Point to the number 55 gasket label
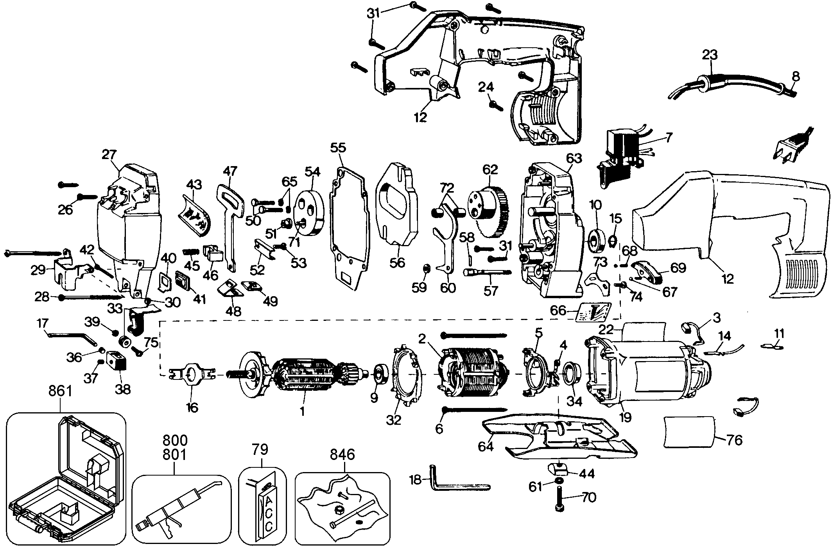click(x=338, y=148)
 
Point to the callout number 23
click(x=710, y=54)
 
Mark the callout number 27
click(x=109, y=155)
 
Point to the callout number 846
click(x=342, y=454)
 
